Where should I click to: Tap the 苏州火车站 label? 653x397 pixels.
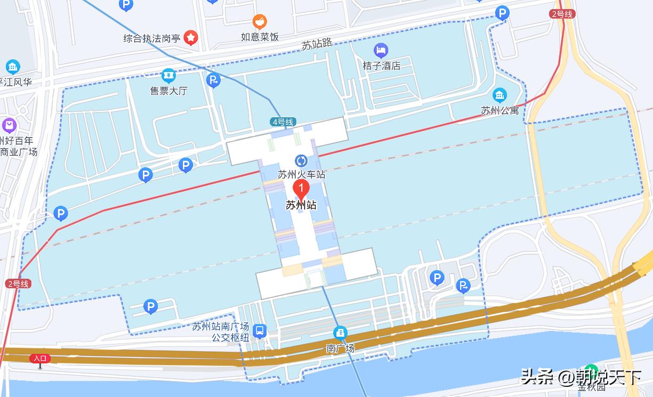pyautogui.click(x=301, y=174)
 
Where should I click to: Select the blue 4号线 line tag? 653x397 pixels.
pyautogui.click(x=283, y=122)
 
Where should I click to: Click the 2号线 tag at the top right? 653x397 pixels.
pyautogui.click(x=562, y=14)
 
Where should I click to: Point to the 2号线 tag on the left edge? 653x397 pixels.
pyautogui.click(x=18, y=284)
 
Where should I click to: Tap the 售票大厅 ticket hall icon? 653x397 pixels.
pyautogui.click(x=169, y=75)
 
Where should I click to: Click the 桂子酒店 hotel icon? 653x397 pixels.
pyautogui.click(x=381, y=51)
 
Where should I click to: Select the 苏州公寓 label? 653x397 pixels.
pyautogui.click(x=499, y=111)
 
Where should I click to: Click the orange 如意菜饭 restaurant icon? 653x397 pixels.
pyautogui.click(x=260, y=22)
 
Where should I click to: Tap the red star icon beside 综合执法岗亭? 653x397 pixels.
pyautogui.click(x=191, y=37)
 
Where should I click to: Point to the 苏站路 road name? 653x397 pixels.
pyautogui.click(x=317, y=44)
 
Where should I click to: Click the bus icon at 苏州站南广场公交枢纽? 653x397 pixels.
pyautogui.click(x=260, y=331)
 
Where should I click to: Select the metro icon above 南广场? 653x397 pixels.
pyautogui.click(x=340, y=333)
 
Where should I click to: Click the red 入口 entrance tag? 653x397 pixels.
pyautogui.click(x=41, y=358)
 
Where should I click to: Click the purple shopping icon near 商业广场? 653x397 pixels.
pyautogui.click(x=9, y=126)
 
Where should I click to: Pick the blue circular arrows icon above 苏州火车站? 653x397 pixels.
pyautogui.click(x=301, y=161)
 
